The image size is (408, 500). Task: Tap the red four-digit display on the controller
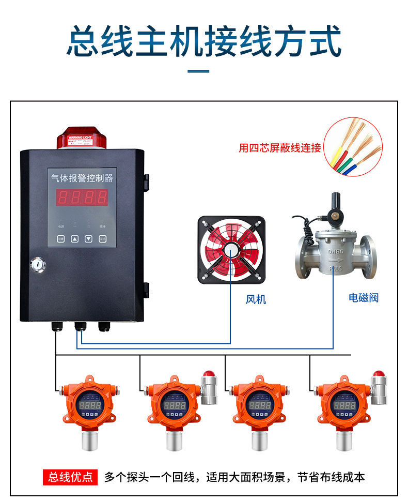click(x=83, y=198)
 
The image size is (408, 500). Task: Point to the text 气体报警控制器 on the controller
click(x=82, y=178)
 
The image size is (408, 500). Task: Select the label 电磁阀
click(x=364, y=297)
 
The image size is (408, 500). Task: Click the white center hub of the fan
click(x=231, y=250)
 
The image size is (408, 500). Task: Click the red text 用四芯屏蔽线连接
click(x=280, y=148)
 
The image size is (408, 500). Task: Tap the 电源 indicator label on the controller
click(x=61, y=226)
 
